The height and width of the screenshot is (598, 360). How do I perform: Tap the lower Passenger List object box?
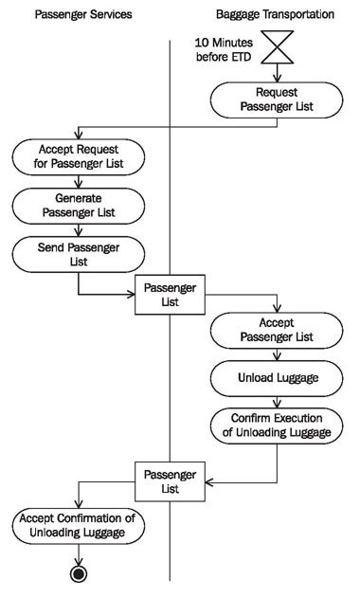[x=170, y=482]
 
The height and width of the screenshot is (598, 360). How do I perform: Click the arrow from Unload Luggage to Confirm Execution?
[x=276, y=400]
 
